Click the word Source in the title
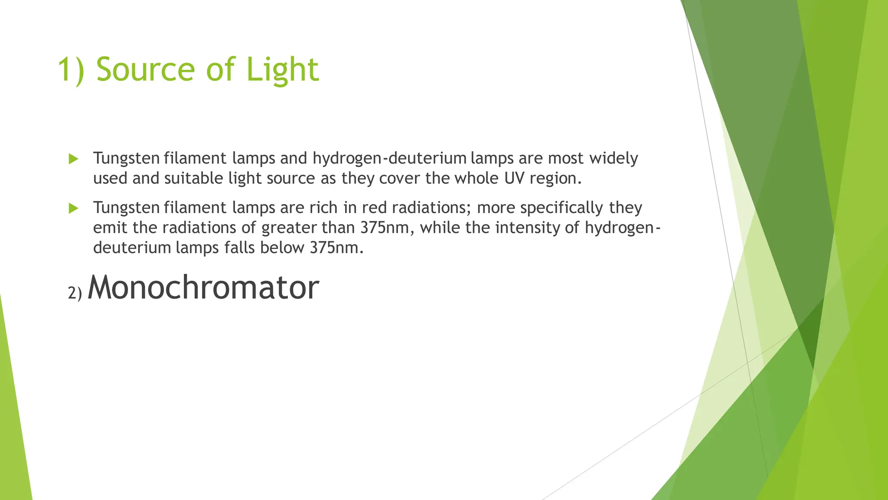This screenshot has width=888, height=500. point(146,69)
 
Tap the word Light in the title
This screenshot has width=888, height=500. point(282,69)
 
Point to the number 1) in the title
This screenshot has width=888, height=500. point(71,69)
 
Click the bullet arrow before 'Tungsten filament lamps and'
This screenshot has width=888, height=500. point(73,159)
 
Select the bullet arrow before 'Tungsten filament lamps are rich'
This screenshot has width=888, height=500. point(73,208)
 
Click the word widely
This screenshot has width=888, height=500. point(614,158)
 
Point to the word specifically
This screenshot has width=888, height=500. point(562,208)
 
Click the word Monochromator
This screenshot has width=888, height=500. point(203,287)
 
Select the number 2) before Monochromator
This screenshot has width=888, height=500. point(75,293)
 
